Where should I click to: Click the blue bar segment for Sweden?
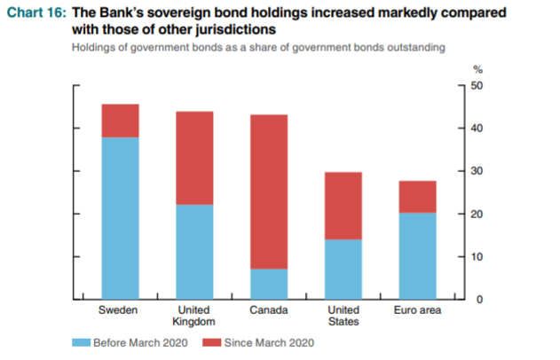point(121,217)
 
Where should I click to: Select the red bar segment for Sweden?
point(121,121)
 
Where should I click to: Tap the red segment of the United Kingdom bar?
point(194,158)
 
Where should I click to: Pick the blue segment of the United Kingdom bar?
point(194,252)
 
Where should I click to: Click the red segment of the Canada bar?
point(269,192)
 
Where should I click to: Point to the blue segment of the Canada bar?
point(269,284)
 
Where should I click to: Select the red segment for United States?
point(343,206)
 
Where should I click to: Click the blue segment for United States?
point(343,270)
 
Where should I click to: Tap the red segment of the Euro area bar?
point(417,197)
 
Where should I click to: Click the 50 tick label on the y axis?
point(477,86)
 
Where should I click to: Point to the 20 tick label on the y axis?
point(477,215)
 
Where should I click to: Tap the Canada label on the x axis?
point(269,311)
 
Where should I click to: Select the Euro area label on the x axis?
point(417,311)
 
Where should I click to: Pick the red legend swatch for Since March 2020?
point(213,342)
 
